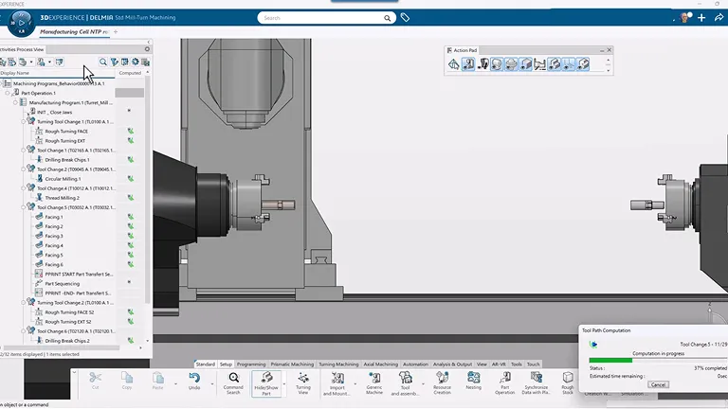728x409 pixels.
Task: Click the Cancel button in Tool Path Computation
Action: [658, 384]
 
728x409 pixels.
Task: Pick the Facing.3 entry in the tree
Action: [54, 236]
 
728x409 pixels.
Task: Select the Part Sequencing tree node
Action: [62, 283]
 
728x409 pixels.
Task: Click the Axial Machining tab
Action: [380, 364]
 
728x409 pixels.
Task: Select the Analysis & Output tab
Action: [452, 364]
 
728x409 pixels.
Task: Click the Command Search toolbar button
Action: [233, 382]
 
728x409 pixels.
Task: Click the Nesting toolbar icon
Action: [474, 381]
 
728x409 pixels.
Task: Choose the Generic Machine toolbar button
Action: [373, 382]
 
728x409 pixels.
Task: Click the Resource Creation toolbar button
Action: [442, 382]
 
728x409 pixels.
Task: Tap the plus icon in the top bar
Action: [701, 17]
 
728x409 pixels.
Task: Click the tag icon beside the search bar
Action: [405, 17]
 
